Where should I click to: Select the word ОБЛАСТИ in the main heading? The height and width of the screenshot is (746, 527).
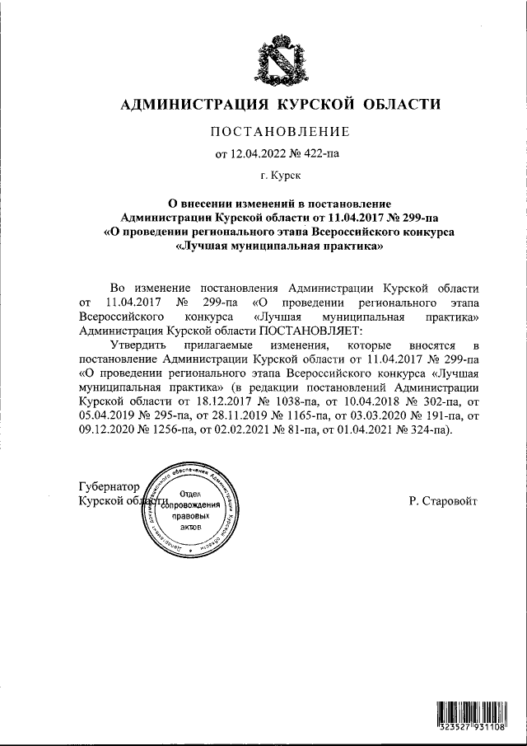pos(400,105)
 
